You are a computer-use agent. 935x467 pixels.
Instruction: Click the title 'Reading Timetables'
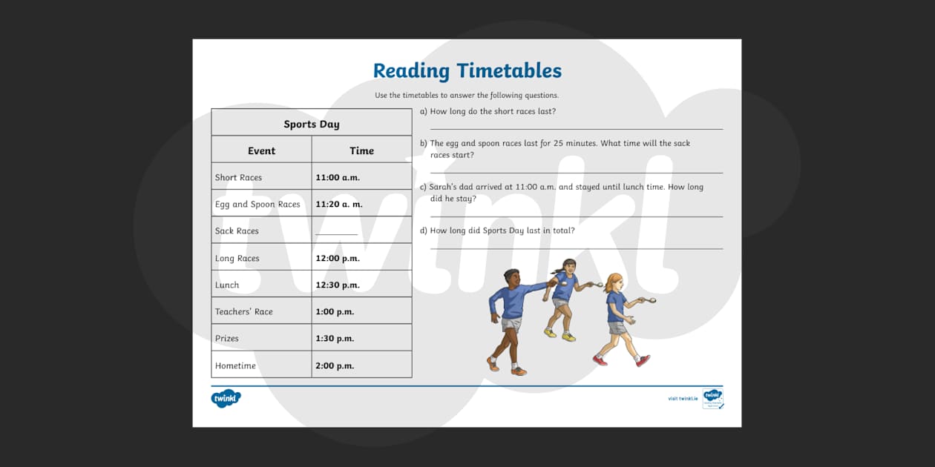[467, 71]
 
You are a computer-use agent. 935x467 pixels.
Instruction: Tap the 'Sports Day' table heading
[312, 124]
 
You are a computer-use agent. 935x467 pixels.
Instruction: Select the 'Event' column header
[261, 150]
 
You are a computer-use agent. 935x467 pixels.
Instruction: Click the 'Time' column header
[361, 150]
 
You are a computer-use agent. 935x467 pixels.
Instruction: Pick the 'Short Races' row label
[238, 178]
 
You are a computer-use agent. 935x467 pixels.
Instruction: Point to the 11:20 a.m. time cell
[339, 205]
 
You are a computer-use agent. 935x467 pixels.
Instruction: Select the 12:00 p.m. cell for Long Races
[338, 259]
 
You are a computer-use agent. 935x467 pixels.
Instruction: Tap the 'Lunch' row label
[227, 285]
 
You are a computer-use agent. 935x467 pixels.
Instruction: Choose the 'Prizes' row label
[227, 339]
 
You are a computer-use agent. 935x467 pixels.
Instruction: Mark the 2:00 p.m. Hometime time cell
[335, 365]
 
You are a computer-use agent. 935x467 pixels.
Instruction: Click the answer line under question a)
[576, 129]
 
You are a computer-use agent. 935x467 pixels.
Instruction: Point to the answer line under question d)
[576, 248]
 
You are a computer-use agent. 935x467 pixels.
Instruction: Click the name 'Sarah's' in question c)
[446, 188]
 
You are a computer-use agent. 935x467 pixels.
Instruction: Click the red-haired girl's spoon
[651, 300]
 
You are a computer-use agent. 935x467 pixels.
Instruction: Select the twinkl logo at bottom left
[226, 398]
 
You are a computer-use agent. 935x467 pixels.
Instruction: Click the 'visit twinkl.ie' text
[682, 399]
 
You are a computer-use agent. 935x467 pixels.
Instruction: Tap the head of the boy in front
[511, 277]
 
